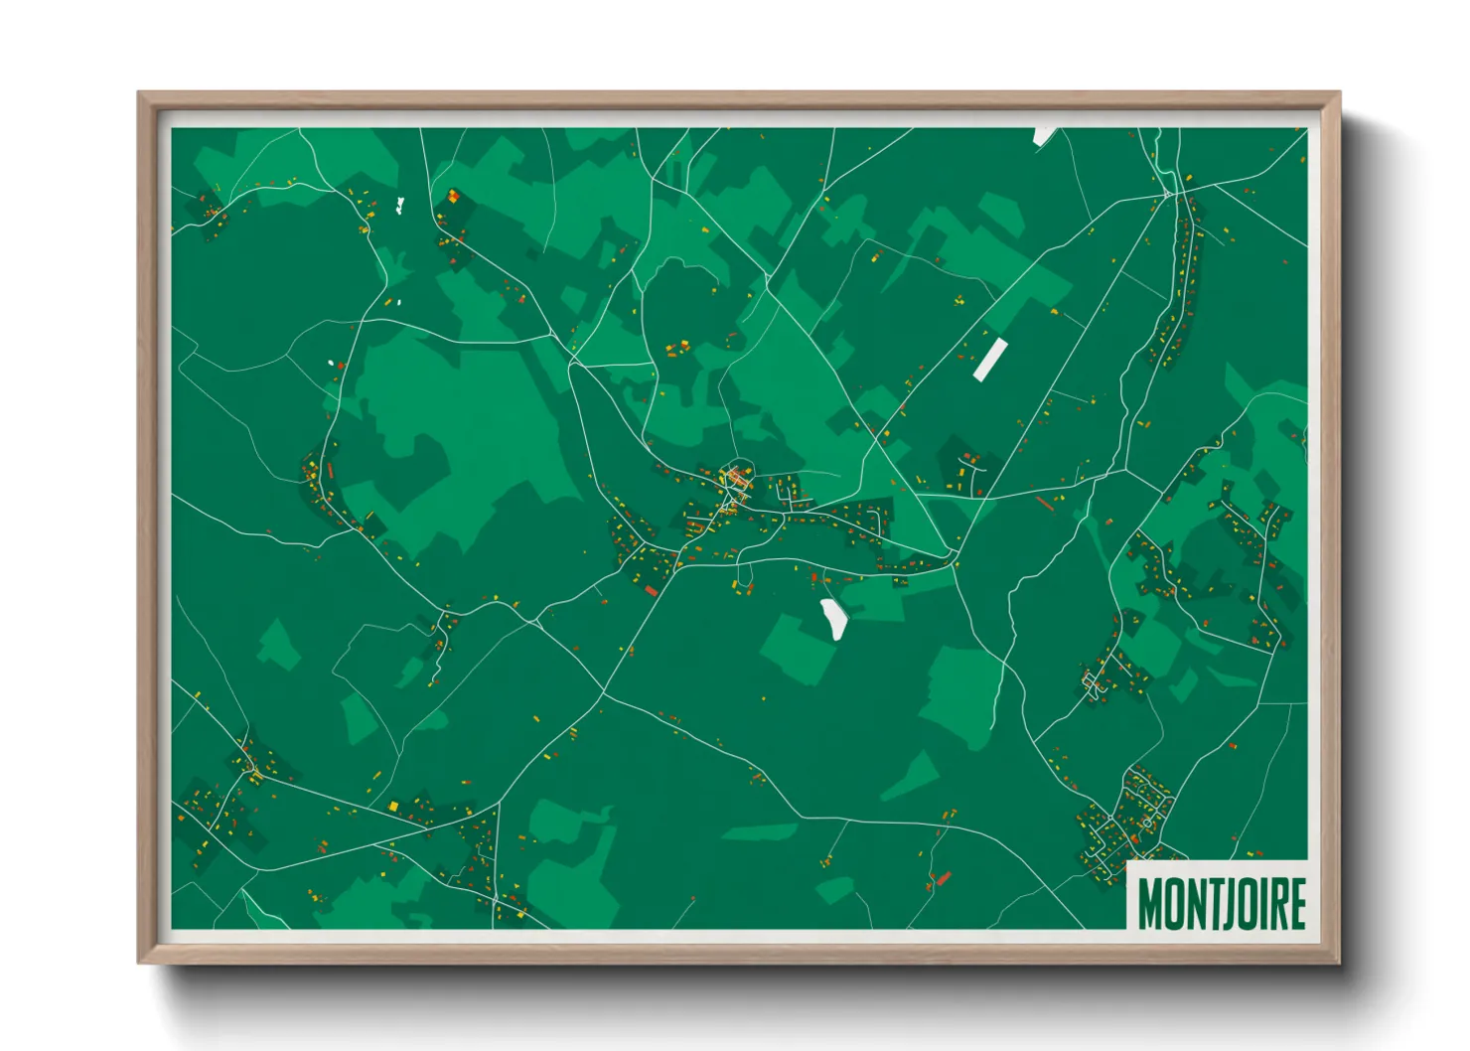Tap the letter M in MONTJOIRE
point(1149,903)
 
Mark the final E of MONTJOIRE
point(1296,903)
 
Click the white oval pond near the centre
point(833,619)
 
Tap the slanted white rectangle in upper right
point(989,360)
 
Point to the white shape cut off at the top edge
point(1045,135)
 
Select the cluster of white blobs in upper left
point(399,207)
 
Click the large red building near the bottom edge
point(943,878)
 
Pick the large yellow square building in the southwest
point(393,806)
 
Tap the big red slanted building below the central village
point(652,591)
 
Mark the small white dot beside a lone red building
point(332,363)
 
